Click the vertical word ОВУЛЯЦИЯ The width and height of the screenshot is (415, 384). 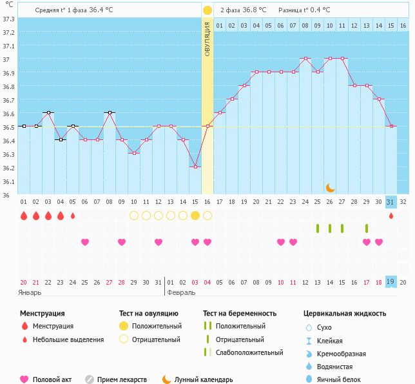207,39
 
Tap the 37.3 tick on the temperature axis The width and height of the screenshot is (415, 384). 8,19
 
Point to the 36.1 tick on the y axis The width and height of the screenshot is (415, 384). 8,181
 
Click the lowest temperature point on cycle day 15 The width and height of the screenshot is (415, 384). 195,167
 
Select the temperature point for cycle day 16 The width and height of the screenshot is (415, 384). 207,126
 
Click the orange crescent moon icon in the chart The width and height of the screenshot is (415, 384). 330,187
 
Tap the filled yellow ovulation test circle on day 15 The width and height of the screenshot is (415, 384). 195,216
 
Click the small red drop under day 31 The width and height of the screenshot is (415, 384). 391,216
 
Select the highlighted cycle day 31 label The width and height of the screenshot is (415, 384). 391,202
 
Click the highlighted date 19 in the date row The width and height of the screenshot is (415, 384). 391,281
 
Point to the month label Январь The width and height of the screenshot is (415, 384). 30,292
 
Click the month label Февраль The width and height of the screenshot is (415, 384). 181,292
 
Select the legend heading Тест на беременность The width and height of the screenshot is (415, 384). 239,313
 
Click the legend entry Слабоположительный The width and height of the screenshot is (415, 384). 249,352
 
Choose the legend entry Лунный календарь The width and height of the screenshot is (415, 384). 204,379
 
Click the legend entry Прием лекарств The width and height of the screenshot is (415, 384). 122,379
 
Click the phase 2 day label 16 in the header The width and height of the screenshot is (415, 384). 403,26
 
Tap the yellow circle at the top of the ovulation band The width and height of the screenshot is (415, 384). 207,10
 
